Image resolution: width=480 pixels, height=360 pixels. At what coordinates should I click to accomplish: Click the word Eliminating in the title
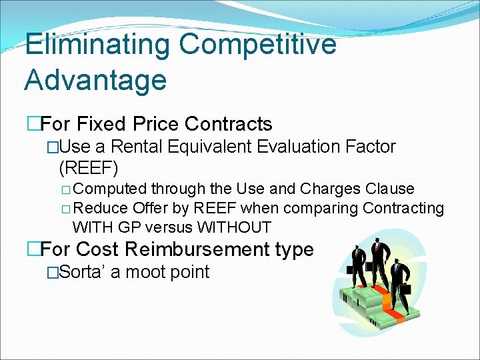[97, 45]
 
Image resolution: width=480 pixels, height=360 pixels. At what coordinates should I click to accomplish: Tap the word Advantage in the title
[95, 80]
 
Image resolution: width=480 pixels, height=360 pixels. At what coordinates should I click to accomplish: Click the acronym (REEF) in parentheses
[89, 167]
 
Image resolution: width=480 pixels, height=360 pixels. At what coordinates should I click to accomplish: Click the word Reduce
[109, 208]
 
